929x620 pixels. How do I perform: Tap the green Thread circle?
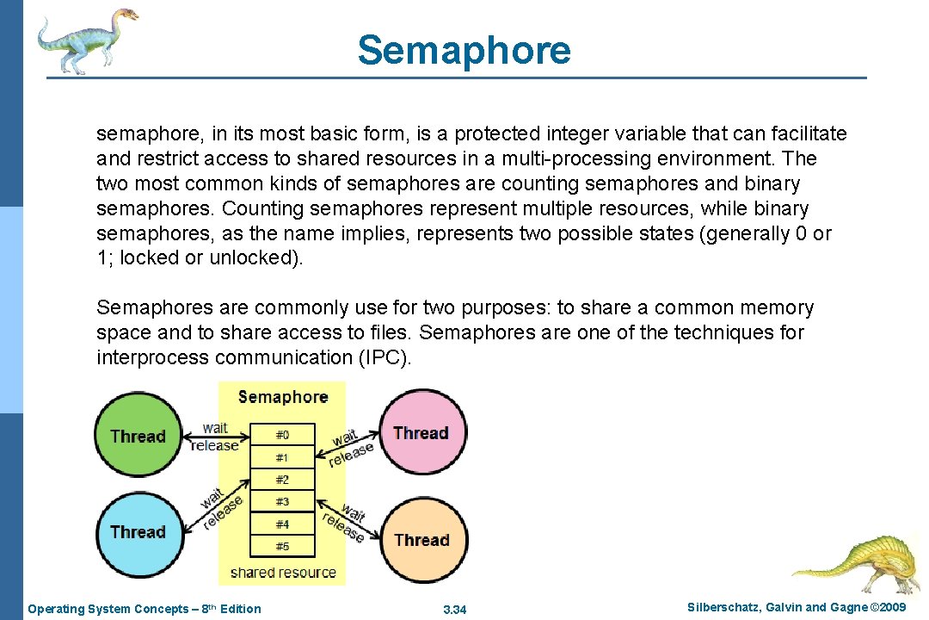[137, 436]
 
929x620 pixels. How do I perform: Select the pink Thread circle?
[421, 432]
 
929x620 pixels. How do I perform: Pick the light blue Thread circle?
[137, 531]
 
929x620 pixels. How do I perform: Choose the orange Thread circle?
[421, 540]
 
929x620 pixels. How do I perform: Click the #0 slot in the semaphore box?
[282, 435]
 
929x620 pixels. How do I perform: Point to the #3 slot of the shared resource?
[282, 501]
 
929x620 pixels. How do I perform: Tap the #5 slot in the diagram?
[282, 546]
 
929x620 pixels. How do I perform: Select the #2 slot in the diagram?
[282, 479]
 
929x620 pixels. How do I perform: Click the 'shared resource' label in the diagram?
[283, 572]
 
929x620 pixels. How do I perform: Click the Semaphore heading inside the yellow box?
[283, 397]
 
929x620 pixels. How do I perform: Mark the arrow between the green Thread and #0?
[215, 437]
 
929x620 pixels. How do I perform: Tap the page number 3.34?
[454, 610]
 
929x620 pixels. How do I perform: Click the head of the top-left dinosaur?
[120, 17]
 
